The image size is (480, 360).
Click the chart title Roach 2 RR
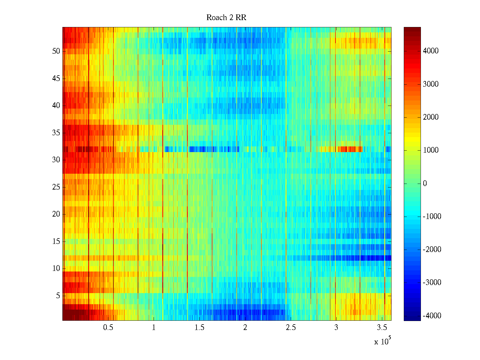226,18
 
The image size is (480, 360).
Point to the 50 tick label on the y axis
56,51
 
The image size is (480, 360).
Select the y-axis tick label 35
56,133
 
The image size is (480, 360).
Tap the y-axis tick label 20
56,214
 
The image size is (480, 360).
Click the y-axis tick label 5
58,296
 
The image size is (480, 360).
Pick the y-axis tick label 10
56,268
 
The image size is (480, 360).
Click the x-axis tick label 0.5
108,328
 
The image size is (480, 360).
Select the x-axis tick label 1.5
199,328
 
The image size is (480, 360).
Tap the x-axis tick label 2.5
291,328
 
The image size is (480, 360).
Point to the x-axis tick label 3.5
382,328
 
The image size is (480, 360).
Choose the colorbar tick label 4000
431,51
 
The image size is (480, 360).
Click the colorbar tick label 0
425,184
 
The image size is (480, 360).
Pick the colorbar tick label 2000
431,117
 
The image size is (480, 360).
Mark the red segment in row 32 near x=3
349,149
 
